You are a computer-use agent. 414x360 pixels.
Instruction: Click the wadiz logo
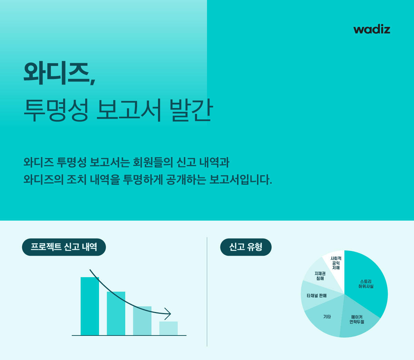pyautogui.click(x=372, y=30)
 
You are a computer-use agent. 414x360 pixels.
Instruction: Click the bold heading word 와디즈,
pyautogui.click(x=59, y=73)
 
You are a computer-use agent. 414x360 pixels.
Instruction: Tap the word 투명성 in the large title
pyautogui.click(x=56, y=110)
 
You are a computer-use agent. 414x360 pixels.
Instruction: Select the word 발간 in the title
pyautogui.click(x=191, y=110)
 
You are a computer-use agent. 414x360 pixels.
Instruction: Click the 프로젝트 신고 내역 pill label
pyautogui.click(x=64, y=247)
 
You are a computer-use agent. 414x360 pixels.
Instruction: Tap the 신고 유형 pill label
pyautogui.click(x=246, y=247)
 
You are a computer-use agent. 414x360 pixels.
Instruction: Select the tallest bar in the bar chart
pyautogui.click(x=90, y=306)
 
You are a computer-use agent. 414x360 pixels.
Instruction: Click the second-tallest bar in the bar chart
pyautogui.click(x=116, y=313)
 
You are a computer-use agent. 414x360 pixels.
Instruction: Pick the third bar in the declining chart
pyautogui.click(x=142, y=321)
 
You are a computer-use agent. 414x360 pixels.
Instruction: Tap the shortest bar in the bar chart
pyautogui.click(x=168, y=328)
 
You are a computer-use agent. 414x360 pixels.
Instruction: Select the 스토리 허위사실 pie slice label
pyautogui.click(x=366, y=284)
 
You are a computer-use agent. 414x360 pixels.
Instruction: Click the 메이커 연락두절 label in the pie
pyautogui.click(x=357, y=319)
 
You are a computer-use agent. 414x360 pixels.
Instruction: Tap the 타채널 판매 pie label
pyautogui.click(x=317, y=296)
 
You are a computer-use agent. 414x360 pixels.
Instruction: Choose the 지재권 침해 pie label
pyautogui.click(x=320, y=276)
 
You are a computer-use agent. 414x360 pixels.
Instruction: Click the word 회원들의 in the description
pyautogui.click(x=153, y=162)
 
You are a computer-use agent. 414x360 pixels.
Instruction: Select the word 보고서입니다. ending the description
pyautogui.click(x=240, y=179)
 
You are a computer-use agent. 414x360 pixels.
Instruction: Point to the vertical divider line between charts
pyautogui.click(x=207, y=292)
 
